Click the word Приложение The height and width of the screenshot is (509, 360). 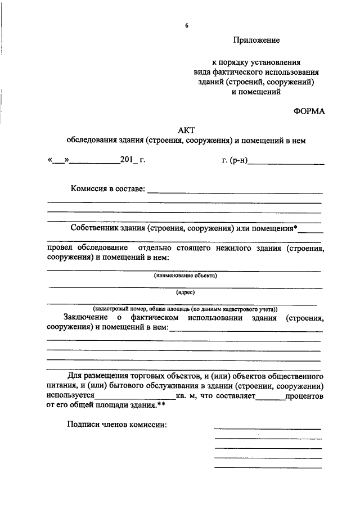click(x=256, y=40)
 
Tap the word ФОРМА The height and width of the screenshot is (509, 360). click(x=309, y=111)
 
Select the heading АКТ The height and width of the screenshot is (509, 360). click(x=185, y=130)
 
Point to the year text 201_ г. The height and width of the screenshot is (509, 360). click(x=132, y=160)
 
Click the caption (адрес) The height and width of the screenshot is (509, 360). click(x=185, y=292)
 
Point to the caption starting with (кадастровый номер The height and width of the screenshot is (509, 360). click(x=185, y=309)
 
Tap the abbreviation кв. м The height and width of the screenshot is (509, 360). click(x=186, y=396)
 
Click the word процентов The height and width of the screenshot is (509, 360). click(x=304, y=396)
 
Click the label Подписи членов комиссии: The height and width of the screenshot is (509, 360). click(x=116, y=425)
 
